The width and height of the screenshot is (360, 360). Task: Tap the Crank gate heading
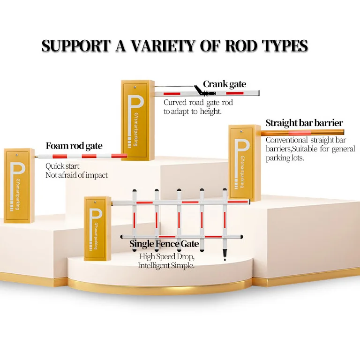coord(224,84)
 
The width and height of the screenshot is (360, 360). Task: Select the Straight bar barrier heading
coord(304,123)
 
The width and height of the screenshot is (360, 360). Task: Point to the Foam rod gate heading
coord(74,146)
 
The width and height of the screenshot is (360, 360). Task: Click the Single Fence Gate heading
coord(164,244)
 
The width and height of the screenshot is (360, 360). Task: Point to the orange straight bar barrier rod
coord(305,133)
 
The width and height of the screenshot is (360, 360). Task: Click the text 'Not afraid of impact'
coord(76,175)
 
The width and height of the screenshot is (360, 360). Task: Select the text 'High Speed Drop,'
coord(167,257)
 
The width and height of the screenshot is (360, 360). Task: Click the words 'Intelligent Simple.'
coord(166,266)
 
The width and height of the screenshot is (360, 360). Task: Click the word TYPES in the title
coord(283,46)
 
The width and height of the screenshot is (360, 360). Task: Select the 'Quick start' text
coord(62,166)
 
